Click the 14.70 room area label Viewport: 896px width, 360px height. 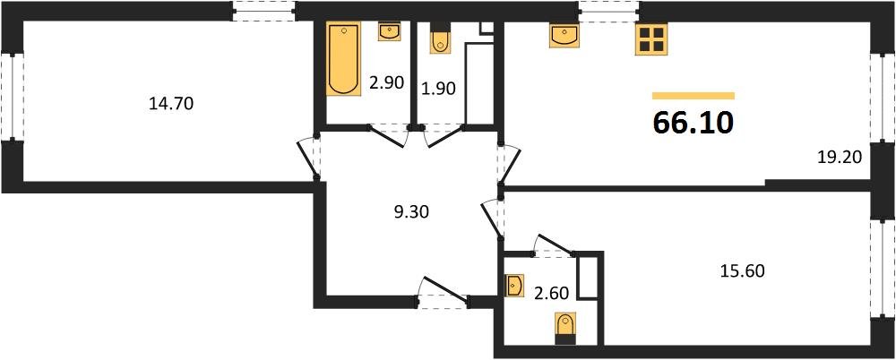(170, 104)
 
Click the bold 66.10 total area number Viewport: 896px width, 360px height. (694, 124)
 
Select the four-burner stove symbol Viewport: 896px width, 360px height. (650, 39)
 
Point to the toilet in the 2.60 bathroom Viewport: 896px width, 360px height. (564, 328)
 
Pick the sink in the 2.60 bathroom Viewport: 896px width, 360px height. (514, 286)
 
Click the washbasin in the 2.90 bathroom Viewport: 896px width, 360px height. (391, 32)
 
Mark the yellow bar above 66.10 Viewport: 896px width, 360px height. (694, 95)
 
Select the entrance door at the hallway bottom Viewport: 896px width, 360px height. (443, 296)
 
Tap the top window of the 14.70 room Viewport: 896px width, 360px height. (263, 11)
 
